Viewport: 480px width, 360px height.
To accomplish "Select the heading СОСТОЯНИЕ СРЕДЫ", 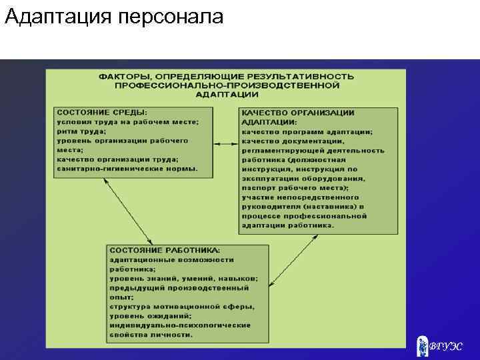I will point(102,113).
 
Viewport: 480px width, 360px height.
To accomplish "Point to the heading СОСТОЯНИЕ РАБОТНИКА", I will point(159,250).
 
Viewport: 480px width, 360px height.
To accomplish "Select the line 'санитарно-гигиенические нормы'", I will point(127,169).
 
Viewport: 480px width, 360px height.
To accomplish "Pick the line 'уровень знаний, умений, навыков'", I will point(184,278).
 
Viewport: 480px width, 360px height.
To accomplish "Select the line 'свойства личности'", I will point(152,334).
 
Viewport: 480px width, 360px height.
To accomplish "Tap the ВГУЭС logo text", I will point(445,347).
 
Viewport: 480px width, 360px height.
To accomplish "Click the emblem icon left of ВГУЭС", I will point(422,345).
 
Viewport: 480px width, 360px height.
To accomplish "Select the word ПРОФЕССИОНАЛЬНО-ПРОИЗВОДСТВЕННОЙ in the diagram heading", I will point(227,86).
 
